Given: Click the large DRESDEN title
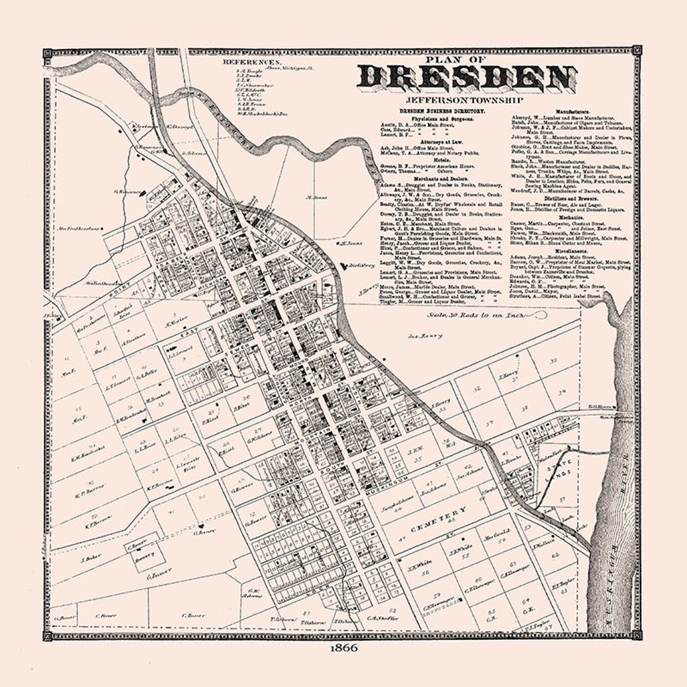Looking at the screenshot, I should click(x=453, y=78).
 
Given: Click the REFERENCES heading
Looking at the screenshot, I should click(x=251, y=62).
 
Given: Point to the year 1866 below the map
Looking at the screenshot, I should click(x=343, y=648).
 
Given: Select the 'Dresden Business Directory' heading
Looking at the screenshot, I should click(x=442, y=111).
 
